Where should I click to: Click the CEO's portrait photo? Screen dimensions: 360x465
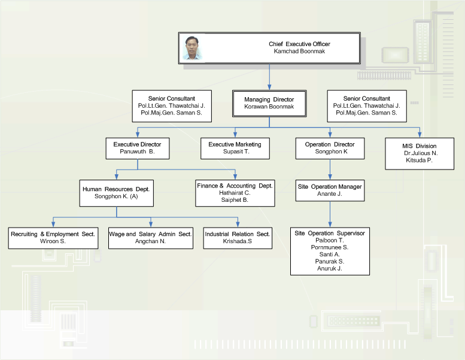tap(193, 49)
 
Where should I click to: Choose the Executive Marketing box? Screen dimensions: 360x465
tap(235, 149)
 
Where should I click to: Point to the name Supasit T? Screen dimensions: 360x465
tap(235, 153)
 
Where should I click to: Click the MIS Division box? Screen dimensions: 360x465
tap(419, 153)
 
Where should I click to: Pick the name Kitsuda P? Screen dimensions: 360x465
tap(419, 161)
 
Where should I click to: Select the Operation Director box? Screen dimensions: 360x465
tap(330, 149)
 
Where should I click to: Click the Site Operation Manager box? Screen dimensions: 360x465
tap(330, 190)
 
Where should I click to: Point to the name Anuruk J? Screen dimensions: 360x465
tap(329, 268)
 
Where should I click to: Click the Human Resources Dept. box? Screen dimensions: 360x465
tap(116, 192)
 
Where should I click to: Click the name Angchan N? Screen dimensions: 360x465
tap(150, 241)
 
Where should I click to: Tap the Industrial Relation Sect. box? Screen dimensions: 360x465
tap(238, 237)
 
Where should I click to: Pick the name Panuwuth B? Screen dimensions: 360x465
tap(137, 153)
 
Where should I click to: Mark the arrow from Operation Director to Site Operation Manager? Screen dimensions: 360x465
tap(330, 170)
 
